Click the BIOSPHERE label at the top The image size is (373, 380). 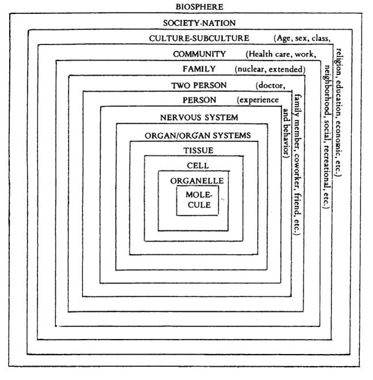(x=199, y=7)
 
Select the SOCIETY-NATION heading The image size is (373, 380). (x=199, y=23)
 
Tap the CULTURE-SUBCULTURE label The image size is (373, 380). (x=199, y=38)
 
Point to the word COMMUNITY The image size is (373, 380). (x=199, y=54)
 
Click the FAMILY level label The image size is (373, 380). (x=199, y=69)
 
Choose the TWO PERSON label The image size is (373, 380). (x=199, y=85)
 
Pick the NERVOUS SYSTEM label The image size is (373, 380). (x=199, y=118)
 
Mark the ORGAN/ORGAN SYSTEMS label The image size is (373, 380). (x=198, y=136)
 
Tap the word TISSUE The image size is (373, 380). (x=198, y=151)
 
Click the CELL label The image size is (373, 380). (x=198, y=166)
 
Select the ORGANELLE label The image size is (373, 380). (x=197, y=181)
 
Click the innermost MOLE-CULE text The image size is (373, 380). (x=199, y=200)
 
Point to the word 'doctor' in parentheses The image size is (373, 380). (x=271, y=85)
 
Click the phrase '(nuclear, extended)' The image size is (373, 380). (x=270, y=69)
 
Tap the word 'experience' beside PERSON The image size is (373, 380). (x=259, y=100)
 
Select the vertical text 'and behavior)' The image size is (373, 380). (x=286, y=133)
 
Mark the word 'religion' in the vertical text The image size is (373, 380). (x=339, y=62)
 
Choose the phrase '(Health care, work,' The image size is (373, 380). (x=281, y=54)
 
